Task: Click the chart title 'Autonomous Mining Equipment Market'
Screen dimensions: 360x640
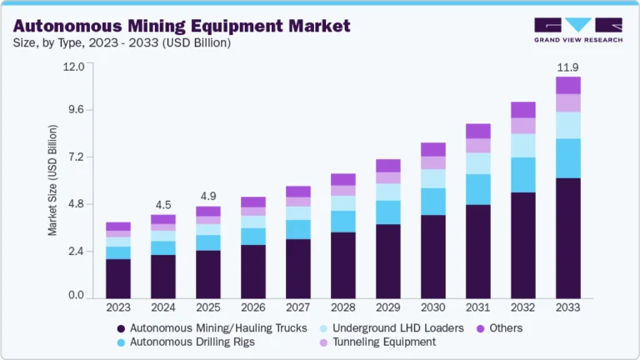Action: (x=181, y=24)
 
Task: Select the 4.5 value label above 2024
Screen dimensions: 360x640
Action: (x=162, y=205)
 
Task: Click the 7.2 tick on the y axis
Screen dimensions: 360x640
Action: (x=76, y=157)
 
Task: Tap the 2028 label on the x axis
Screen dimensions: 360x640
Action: (x=342, y=308)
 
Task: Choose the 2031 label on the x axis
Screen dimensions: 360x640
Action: (x=477, y=308)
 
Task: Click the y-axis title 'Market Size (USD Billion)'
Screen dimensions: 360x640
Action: (x=52, y=180)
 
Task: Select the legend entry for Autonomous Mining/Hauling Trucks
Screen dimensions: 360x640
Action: (x=212, y=327)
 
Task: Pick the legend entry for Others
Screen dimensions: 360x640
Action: (x=501, y=327)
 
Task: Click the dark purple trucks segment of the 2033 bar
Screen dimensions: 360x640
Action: (x=567, y=238)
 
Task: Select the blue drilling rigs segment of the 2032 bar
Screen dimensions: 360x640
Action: (x=522, y=174)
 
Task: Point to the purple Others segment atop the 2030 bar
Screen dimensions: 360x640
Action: (x=432, y=149)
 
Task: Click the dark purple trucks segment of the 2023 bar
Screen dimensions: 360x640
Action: (x=117, y=278)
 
